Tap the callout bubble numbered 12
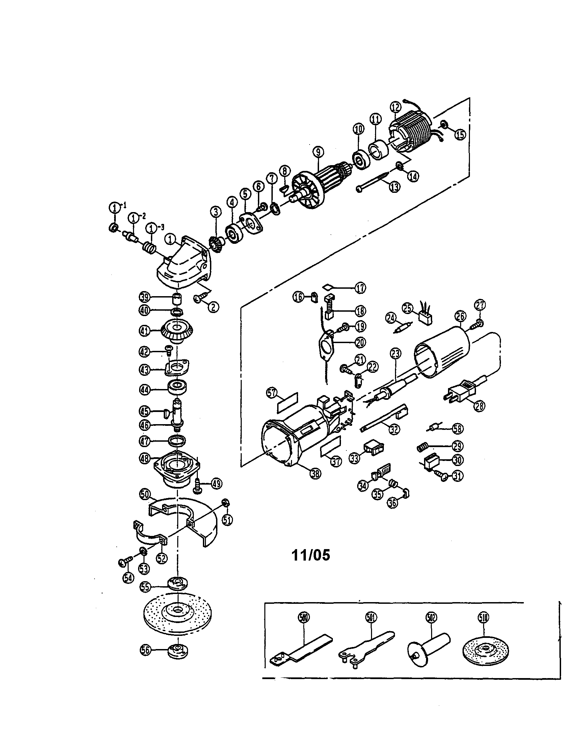(395, 107)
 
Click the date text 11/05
(311, 554)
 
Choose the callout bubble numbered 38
(315, 474)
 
